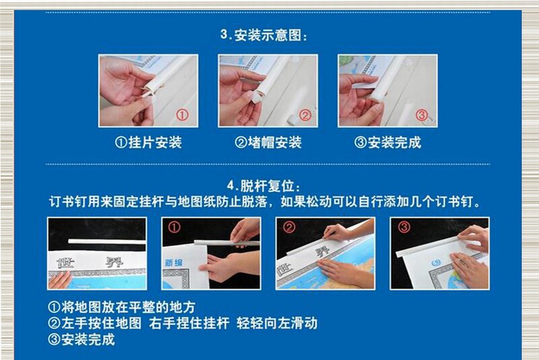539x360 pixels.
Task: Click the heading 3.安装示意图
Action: [263, 35]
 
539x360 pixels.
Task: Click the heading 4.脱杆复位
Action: [263, 186]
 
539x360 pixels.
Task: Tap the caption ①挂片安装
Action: [148, 142]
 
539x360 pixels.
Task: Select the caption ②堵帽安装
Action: [268, 142]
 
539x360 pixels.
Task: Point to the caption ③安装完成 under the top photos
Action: [388, 142]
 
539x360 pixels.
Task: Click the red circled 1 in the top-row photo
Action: [183, 115]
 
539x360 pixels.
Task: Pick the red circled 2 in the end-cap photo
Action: [305, 115]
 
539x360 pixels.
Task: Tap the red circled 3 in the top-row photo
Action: [422, 115]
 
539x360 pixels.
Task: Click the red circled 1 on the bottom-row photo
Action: [174, 227]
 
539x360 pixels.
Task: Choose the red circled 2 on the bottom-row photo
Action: [289, 227]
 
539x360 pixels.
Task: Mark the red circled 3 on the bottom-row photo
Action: [404, 227]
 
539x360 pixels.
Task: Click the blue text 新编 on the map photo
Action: [174, 263]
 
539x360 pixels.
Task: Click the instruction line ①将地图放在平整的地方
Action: [122, 307]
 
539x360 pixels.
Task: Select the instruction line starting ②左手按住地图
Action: [183, 323]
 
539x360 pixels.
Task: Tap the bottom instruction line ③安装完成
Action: [82, 340]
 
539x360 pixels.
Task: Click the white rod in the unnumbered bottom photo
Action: [107, 242]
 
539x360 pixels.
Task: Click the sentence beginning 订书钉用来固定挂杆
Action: [265, 202]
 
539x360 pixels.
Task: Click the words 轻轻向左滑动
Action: [277, 323]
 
